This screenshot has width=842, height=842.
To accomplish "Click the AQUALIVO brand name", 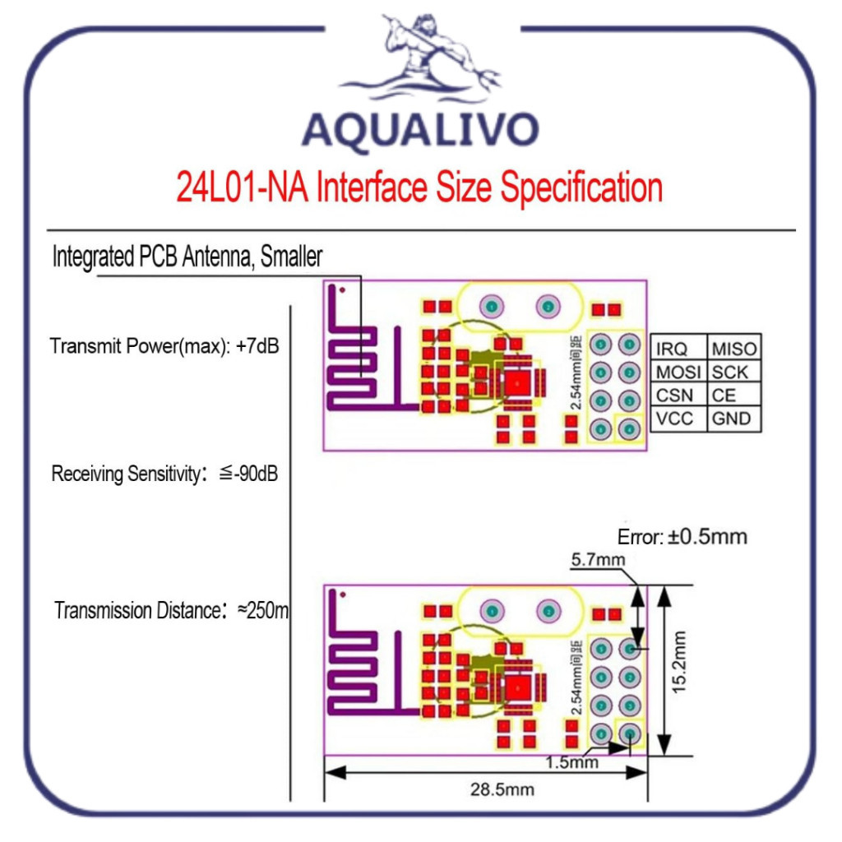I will click(420, 130).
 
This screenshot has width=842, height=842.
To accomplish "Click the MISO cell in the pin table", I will click(733, 349).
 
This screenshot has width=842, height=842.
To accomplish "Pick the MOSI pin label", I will click(678, 372).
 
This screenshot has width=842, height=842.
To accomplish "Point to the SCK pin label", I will click(730, 372).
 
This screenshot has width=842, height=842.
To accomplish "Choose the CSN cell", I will click(674, 396).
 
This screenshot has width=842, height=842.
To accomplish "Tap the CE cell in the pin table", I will click(724, 396).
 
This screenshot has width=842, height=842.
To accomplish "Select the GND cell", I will click(732, 419).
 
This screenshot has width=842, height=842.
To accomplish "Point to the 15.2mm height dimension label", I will click(678, 663).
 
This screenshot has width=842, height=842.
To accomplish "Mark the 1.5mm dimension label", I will click(571, 761).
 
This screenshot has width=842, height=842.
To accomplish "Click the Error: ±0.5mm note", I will click(682, 537).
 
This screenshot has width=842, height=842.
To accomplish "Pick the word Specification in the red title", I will click(582, 188).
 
